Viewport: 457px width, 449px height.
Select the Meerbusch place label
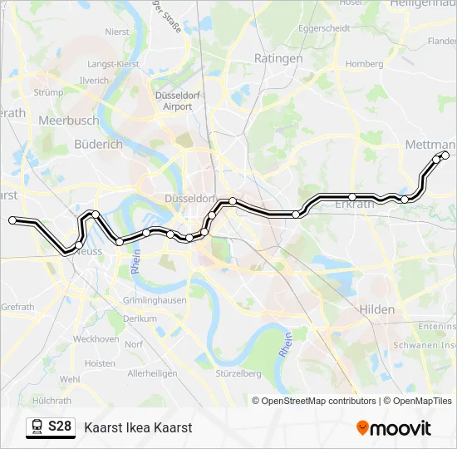pyautogui.click(x=68, y=121)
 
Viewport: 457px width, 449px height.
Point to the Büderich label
pyautogui.click(x=98, y=144)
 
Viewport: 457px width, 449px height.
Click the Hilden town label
pyautogui.click(x=377, y=308)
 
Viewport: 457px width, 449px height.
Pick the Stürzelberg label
pyautogui.click(x=238, y=373)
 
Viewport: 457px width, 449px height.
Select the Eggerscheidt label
pyautogui.click(x=324, y=27)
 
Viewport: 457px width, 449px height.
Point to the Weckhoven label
pyautogui.click(x=96, y=338)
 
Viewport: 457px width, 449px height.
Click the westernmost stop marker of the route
pyautogui.click(x=12, y=220)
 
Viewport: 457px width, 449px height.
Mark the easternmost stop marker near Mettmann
pyautogui.click(x=445, y=155)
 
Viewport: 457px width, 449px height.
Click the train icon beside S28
pyautogui.click(x=37, y=427)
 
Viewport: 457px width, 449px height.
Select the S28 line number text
pyautogui.click(x=60, y=427)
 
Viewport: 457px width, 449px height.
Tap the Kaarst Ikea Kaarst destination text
pyautogui.click(x=138, y=427)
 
